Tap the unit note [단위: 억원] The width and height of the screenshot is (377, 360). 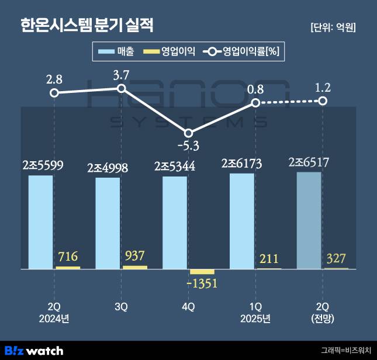click(334, 27)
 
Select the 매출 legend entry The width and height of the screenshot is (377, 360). click(116, 52)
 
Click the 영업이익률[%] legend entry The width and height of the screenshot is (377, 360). click(241, 52)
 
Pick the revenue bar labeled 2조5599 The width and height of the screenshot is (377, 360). click(40, 222)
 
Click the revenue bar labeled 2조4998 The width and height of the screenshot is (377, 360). click(108, 223)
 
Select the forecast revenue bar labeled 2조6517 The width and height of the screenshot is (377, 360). click(309, 220)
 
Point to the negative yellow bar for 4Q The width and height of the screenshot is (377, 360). click(202, 272)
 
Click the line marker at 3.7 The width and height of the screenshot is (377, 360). click(122, 88)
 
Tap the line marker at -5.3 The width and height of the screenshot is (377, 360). click(189, 133)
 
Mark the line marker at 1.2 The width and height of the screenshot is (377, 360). click(323, 101)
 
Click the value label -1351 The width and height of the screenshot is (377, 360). click(202, 283)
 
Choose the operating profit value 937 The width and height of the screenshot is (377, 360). click(134, 256)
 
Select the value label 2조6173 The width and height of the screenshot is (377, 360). click(242, 164)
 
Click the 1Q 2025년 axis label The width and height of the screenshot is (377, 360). click(255, 312)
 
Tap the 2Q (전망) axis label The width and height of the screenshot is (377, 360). click(323, 312)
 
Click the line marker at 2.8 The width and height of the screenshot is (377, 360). click(54, 92)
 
